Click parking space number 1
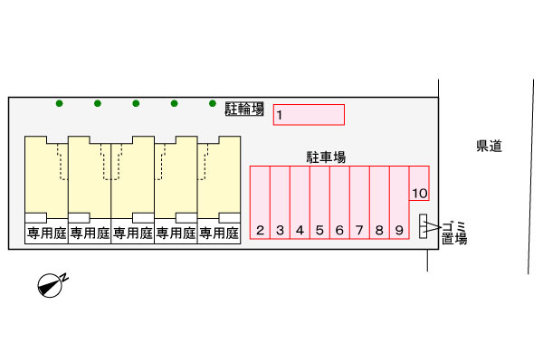point(309,115)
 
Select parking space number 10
point(419,183)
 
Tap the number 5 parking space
point(319,203)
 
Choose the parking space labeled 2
point(260,203)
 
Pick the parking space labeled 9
point(399,203)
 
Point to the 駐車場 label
point(326,157)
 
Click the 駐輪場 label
point(244,109)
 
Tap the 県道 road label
point(489,146)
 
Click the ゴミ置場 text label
point(454,233)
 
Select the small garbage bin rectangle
point(423,226)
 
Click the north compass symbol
point(50,285)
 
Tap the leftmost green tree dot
point(59,103)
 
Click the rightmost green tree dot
point(213,103)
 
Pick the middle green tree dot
point(136,103)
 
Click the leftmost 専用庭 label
point(47,233)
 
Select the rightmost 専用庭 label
point(219,233)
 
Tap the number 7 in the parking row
point(359,230)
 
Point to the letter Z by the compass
point(65,277)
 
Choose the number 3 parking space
point(280,203)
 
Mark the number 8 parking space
point(379,203)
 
